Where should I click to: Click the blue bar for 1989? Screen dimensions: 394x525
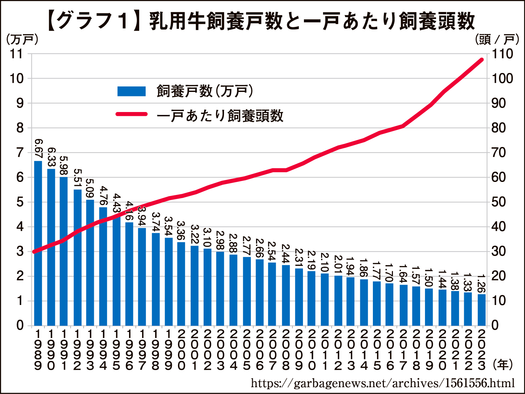click(38, 243)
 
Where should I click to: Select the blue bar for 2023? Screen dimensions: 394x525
click(482, 310)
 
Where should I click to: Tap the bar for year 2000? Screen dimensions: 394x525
click(181, 284)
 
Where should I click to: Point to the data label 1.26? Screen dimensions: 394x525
click(482, 283)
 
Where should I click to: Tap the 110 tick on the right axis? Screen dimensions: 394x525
click(502, 54)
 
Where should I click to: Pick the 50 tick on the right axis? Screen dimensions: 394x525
click(499, 202)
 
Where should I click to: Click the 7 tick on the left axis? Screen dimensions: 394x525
click(20, 152)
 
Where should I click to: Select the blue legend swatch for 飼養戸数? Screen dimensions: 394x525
click(131, 91)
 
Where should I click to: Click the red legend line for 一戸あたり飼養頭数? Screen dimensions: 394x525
click(131, 114)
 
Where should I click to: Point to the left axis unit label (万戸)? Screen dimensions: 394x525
click(22, 39)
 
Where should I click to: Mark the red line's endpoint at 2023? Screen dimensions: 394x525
click(482, 60)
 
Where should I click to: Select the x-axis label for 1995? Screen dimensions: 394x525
click(117, 350)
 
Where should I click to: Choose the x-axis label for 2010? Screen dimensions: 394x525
click(312, 350)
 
